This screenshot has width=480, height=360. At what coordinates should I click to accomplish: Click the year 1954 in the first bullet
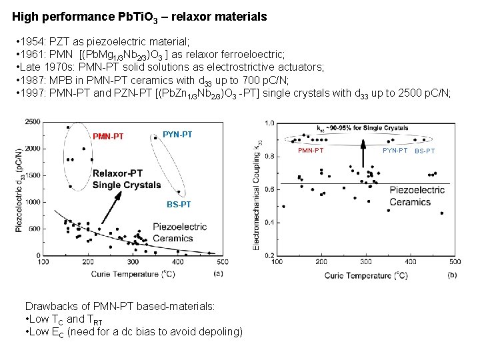[33, 41]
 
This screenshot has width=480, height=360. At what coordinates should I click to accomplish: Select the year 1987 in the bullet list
[33, 80]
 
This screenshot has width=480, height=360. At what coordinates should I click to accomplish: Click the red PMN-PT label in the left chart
[108, 137]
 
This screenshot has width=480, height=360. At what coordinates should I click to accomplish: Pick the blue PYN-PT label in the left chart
[177, 135]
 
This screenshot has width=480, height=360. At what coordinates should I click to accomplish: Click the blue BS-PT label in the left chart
[179, 204]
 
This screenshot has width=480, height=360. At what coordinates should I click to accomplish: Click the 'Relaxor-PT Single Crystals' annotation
[127, 179]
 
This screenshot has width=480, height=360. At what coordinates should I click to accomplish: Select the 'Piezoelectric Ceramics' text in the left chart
[180, 232]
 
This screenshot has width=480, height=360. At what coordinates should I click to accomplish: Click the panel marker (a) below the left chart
[219, 273]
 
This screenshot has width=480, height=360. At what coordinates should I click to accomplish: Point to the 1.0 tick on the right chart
[269, 123]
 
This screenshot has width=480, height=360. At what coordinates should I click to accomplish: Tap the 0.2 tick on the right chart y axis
[269, 255]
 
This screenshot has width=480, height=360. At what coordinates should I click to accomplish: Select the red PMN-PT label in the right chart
[310, 151]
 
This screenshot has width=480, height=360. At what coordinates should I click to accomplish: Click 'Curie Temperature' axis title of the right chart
[366, 275]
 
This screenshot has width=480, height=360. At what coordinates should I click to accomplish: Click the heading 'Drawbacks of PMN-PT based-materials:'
[120, 306]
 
